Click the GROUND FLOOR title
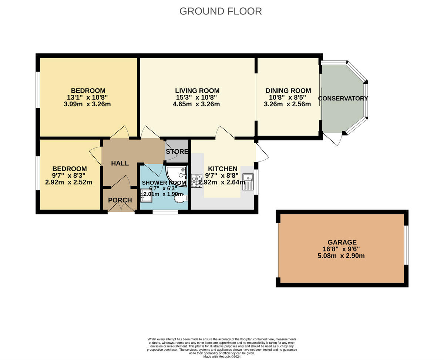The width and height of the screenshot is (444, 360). [x=221, y=11]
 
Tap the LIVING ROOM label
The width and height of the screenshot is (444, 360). [x=197, y=91]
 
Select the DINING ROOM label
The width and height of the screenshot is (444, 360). [x=288, y=91]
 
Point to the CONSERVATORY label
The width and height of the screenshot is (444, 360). [x=343, y=99]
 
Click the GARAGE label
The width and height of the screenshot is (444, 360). [x=342, y=243]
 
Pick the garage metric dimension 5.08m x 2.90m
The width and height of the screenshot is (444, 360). [x=342, y=256]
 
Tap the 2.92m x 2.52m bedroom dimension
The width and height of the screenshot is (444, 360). [x=69, y=182]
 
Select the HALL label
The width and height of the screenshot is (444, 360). [x=120, y=163]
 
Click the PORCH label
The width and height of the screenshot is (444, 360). [x=120, y=200]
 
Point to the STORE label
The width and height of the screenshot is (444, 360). [x=177, y=151]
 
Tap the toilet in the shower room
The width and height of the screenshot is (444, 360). [x=181, y=199]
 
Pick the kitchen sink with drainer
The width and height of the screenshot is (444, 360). [x=248, y=182]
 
